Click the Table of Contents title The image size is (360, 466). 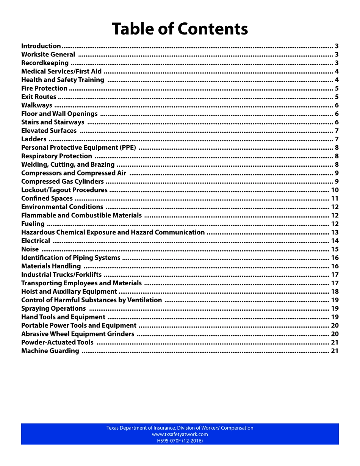pos(180,29)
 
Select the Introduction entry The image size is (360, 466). pos(41,46)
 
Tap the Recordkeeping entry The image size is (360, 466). pos(45,63)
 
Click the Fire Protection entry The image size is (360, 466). pos(44,88)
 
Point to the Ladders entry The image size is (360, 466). pos(34,139)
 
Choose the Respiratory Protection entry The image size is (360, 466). pos(56,156)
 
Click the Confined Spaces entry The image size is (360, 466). pos(47,199)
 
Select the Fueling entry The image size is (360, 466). pos(33,224)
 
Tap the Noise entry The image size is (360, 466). pos(30,249)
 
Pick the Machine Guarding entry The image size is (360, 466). pos(50,351)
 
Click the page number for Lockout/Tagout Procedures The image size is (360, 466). pos(335,190)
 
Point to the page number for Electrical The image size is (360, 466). pos(335,241)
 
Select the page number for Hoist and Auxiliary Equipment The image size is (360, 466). pos(335,292)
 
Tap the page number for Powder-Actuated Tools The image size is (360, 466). pos(335,342)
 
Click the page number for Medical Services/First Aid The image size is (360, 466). pos(337,72)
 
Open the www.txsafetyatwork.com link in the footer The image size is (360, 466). pos(180,435)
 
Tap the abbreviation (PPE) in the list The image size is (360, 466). pos(128,148)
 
